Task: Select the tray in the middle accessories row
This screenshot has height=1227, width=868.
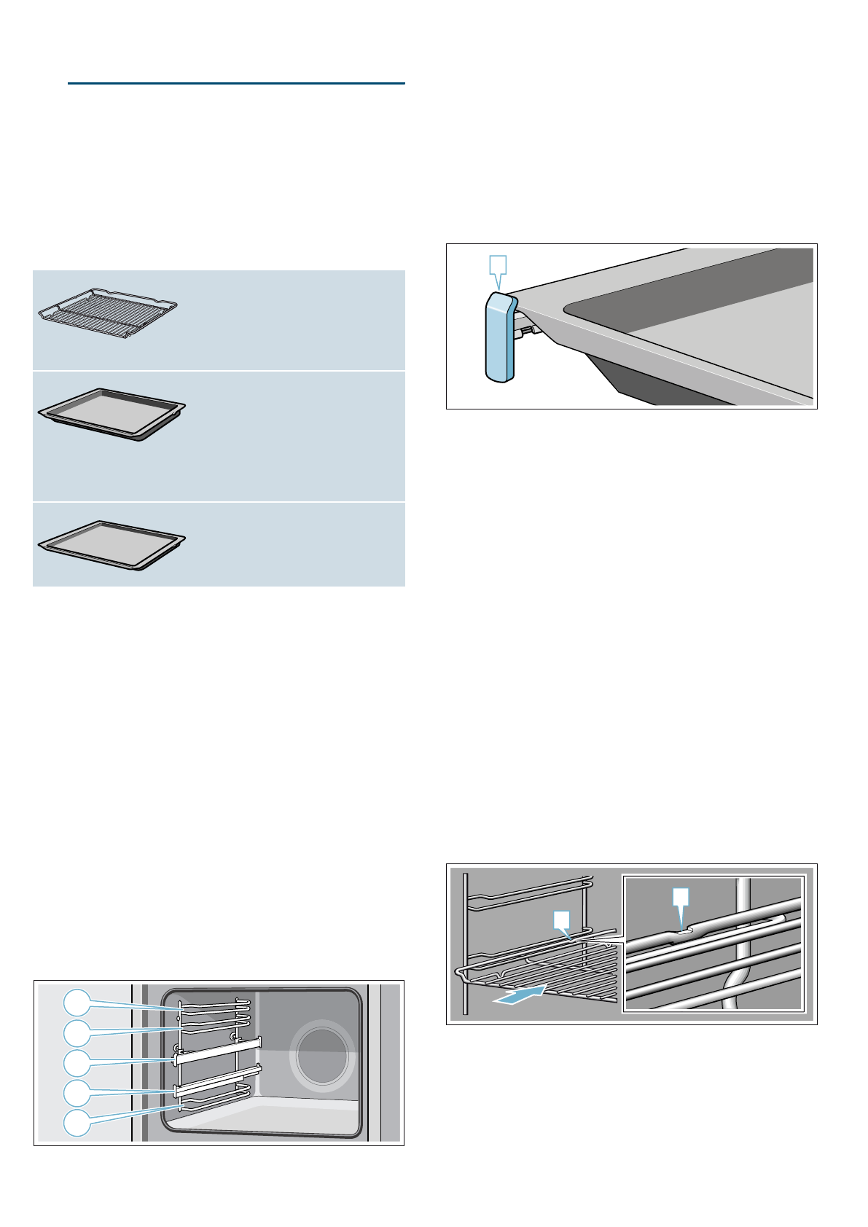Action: coord(112,414)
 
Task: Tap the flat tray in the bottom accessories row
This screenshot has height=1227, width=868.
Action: coord(112,544)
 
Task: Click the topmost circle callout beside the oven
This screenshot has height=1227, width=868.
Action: coord(77,1003)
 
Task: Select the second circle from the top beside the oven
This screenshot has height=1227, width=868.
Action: coord(77,1032)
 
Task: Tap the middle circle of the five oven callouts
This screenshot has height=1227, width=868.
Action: coord(77,1063)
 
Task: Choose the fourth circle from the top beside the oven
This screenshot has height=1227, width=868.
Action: coord(77,1093)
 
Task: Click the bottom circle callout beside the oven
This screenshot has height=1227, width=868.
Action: coord(77,1123)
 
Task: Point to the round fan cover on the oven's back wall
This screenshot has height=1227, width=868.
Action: coord(322,1057)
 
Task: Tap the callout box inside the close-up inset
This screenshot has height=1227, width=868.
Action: coord(680,897)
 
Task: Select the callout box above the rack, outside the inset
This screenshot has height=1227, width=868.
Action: coord(561,919)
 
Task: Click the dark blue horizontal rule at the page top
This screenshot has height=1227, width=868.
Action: coord(236,84)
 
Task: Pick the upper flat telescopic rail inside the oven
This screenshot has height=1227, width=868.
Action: coord(219,1050)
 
